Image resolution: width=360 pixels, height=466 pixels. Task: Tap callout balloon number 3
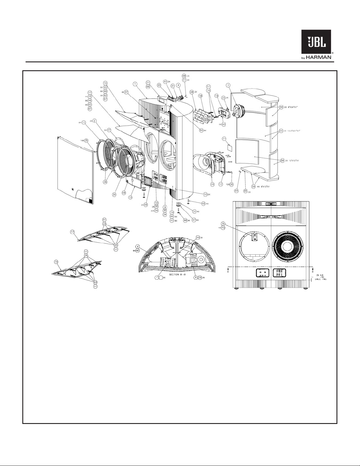(228, 85)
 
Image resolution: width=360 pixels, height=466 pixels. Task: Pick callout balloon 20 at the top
(159, 85)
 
